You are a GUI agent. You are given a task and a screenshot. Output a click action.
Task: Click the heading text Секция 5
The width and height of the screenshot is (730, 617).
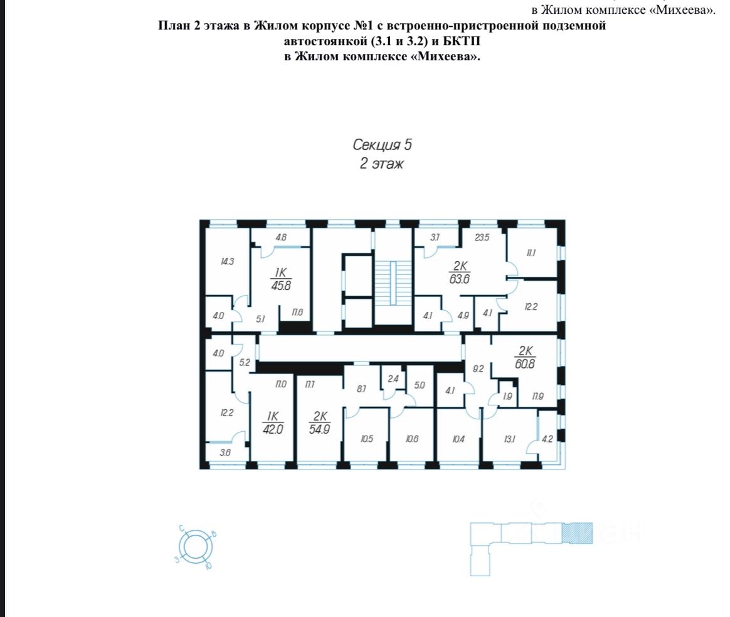point(382,145)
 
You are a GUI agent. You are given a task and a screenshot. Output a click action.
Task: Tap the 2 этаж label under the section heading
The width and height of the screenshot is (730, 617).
point(382,164)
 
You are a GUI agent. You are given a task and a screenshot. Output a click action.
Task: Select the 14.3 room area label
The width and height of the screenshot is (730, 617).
point(227,262)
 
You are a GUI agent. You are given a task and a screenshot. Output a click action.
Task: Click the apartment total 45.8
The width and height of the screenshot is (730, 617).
point(281,285)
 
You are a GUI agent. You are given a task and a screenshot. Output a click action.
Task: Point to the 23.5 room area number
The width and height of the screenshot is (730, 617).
point(482,237)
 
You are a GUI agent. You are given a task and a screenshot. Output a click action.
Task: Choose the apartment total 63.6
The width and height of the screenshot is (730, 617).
point(460,279)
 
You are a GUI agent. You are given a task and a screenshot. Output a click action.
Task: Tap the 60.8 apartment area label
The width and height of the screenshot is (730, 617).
point(525,363)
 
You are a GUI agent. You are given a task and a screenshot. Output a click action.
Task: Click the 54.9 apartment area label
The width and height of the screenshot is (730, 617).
point(319,429)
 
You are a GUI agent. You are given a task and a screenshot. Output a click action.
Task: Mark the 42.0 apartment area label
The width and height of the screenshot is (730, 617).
point(273,429)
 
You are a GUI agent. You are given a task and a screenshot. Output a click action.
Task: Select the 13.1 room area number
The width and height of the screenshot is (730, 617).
point(509,439)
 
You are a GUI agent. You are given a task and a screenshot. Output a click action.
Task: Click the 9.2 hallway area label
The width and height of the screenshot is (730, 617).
point(478,368)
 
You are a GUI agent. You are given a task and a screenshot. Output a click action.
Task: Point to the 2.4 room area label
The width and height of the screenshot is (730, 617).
point(393,378)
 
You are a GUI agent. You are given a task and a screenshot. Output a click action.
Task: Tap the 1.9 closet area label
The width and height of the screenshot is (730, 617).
point(507,396)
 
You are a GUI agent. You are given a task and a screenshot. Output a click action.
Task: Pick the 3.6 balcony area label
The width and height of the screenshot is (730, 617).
point(225,452)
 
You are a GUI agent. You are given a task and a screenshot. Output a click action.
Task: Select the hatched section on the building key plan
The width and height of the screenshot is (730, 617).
point(578,533)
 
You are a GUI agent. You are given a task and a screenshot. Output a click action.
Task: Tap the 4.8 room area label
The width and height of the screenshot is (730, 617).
point(281,237)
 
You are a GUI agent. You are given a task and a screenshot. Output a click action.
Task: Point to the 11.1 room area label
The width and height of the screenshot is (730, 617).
point(531,253)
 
